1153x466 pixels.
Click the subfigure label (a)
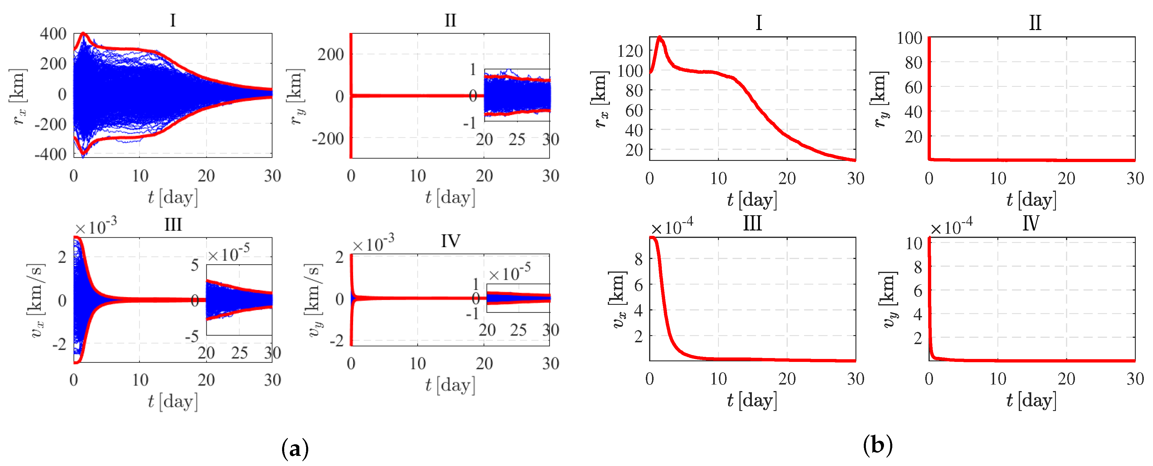[295, 448]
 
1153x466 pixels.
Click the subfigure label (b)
[877, 445]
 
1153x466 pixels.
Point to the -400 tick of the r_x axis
[50, 154]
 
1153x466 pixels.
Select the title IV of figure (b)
[1030, 223]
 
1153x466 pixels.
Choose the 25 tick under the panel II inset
[517, 140]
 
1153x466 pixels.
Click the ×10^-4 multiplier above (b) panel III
[671, 226]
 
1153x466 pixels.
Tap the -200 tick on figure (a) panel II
[328, 139]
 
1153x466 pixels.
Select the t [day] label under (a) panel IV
[450, 385]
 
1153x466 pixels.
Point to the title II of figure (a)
[450, 20]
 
